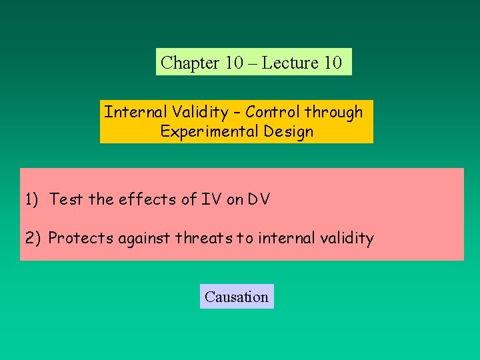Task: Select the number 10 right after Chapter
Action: point(234,63)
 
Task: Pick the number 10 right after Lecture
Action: point(332,63)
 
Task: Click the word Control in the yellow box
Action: point(273,112)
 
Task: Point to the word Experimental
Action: point(209,131)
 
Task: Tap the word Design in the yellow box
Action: point(288,131)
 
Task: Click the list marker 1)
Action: point(33,199)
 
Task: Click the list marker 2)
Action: point(33,238)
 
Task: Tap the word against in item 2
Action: point(145,238)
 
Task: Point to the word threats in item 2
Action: point(203,238)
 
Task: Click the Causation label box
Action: point(237,297)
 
